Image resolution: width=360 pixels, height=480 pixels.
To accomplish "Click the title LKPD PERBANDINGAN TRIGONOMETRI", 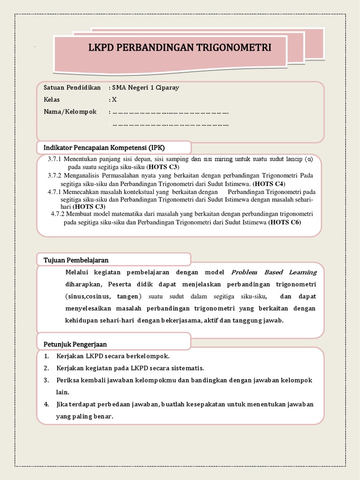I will [x=180, y=48].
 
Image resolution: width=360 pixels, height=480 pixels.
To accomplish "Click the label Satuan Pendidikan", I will [x=72, y=88].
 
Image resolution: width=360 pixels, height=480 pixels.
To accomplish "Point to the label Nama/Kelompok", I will [x=70, y=112].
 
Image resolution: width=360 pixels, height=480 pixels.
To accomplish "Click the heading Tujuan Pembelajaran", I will [x=76, y=260].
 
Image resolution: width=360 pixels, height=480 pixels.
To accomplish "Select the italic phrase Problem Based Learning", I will [x=274, y=272].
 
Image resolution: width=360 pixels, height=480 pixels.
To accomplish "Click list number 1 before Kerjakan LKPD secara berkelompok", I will [x=46, y=356].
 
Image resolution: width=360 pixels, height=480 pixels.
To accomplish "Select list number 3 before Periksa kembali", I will [x=46, y=380].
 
